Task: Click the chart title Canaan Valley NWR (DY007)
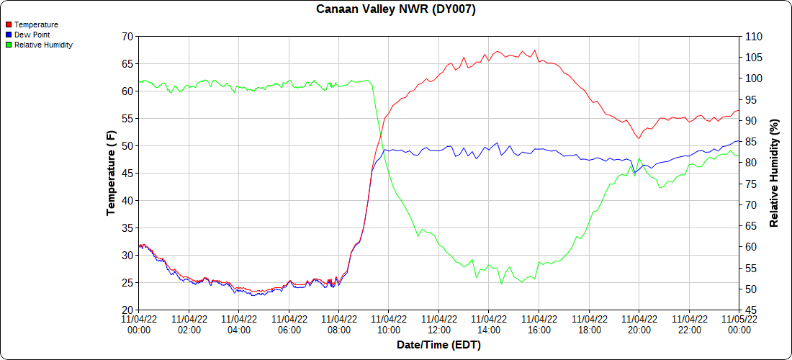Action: (396, 9)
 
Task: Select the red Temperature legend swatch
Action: (9, 24)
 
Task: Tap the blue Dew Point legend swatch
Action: (9, 35)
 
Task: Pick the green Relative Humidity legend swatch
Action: (9, 45)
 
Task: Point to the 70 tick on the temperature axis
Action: (127, 36)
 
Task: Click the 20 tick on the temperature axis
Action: (127, 310)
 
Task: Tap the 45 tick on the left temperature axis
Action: (127, 173)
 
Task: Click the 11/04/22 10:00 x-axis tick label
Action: (389, 325)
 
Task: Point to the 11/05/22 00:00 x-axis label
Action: (739, 325)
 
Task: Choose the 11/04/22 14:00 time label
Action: (489, 325)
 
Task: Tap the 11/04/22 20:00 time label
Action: (639, 325)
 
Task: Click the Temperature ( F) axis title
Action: (111, 173)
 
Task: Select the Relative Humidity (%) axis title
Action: (775, 173)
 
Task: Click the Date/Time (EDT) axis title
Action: (438, 345)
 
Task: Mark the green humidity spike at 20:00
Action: (639, 158)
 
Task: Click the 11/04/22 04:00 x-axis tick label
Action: (239, 325)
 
